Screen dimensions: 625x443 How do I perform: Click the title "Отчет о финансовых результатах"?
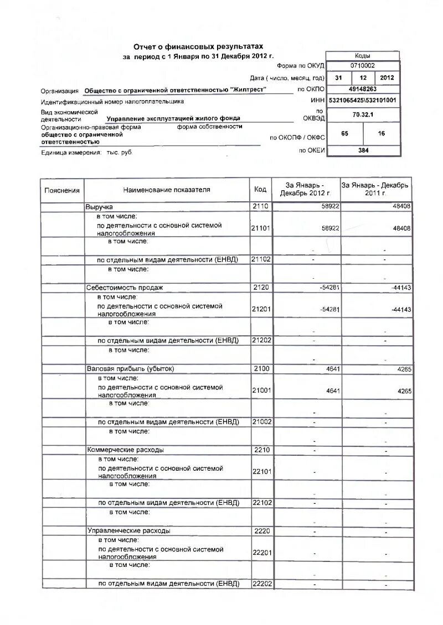(198, 48)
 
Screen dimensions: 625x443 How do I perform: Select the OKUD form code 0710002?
(363, 65)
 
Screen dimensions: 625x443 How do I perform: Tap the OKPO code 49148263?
(363, 88)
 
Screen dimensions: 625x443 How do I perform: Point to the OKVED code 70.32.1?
(363, 114)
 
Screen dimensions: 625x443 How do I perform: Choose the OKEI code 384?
(363, 150)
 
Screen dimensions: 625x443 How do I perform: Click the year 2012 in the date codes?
(387, 77)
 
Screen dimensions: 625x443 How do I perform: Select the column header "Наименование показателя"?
(167, 190)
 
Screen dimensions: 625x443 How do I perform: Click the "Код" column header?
(260, 190)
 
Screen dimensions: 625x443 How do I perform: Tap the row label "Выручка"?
(100, 206)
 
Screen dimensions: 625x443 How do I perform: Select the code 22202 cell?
(261, 584)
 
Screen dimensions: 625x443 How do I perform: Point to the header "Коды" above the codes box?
(363, 56)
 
